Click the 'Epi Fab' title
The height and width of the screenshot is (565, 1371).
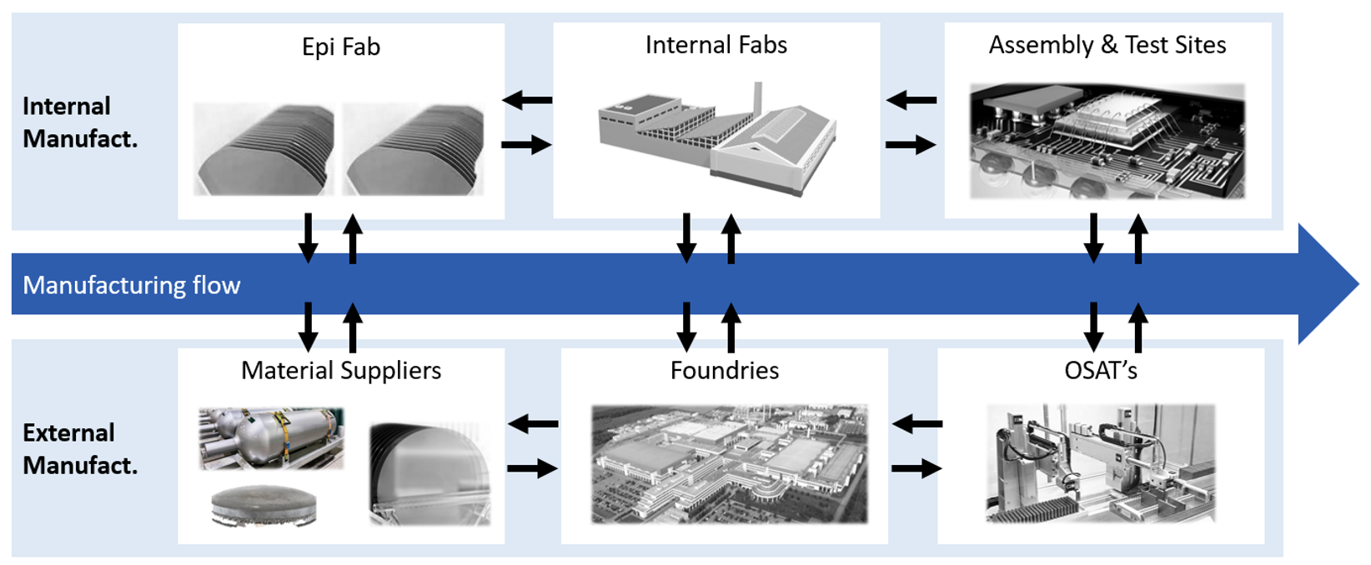point(340,47)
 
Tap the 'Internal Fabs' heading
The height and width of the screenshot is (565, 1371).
point(716,45)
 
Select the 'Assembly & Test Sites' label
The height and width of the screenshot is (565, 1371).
point(1107,45)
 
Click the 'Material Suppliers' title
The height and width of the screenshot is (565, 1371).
point(340,370)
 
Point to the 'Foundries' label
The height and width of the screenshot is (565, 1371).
point(724,370)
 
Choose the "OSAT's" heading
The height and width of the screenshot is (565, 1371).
point(1100,370)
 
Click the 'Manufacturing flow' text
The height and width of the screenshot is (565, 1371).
point(131,285)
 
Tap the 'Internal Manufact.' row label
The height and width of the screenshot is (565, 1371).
point(79,122)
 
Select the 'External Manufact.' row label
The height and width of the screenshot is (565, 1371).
point(79,448)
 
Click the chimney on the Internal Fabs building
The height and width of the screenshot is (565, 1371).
point(757,97)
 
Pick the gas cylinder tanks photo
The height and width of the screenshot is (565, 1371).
point(271,437)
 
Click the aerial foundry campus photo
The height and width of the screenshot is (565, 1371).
point(729,464)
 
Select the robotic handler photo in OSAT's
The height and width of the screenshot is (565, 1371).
point(1100,463)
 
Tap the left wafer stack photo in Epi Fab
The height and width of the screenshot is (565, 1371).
point(264,150)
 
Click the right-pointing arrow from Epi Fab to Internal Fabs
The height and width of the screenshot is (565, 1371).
point(526,145)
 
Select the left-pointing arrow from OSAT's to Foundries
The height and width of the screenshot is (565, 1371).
point(917,424)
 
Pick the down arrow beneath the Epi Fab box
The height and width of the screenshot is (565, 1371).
point(308,238)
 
